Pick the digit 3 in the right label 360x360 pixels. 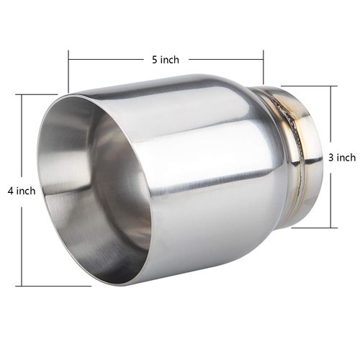[x=331, y=157]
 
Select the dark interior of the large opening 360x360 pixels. [x=108, y=194]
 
